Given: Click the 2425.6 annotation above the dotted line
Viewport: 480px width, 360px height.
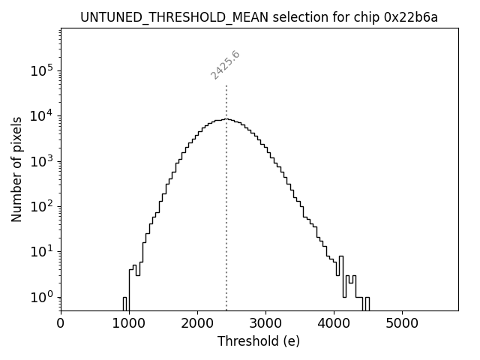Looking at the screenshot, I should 225,65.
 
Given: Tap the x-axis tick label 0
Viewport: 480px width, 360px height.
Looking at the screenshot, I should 61,323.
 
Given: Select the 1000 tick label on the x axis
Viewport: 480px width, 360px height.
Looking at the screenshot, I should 129,323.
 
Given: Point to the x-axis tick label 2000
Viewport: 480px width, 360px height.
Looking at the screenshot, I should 197,323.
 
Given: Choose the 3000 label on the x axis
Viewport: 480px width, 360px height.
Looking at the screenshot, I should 265,323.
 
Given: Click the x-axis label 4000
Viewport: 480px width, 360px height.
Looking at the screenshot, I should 334,323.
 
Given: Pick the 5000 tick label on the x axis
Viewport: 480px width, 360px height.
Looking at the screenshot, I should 402,323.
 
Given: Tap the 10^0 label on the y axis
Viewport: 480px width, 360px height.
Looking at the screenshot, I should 42,297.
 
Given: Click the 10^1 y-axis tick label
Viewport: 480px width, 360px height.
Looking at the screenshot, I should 42,252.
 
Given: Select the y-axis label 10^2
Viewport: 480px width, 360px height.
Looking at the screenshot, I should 42,206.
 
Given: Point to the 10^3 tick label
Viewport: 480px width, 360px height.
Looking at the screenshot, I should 42,161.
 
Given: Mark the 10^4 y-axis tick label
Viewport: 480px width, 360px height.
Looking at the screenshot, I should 42,115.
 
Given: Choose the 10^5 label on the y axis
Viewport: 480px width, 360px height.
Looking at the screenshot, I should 42,70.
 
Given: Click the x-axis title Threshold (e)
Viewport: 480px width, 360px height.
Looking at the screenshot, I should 259,341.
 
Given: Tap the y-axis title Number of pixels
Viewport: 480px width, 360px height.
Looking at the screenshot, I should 17,169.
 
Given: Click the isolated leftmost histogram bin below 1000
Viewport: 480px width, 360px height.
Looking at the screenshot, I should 124,303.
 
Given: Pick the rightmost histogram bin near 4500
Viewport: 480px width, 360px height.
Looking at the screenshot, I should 367,303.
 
